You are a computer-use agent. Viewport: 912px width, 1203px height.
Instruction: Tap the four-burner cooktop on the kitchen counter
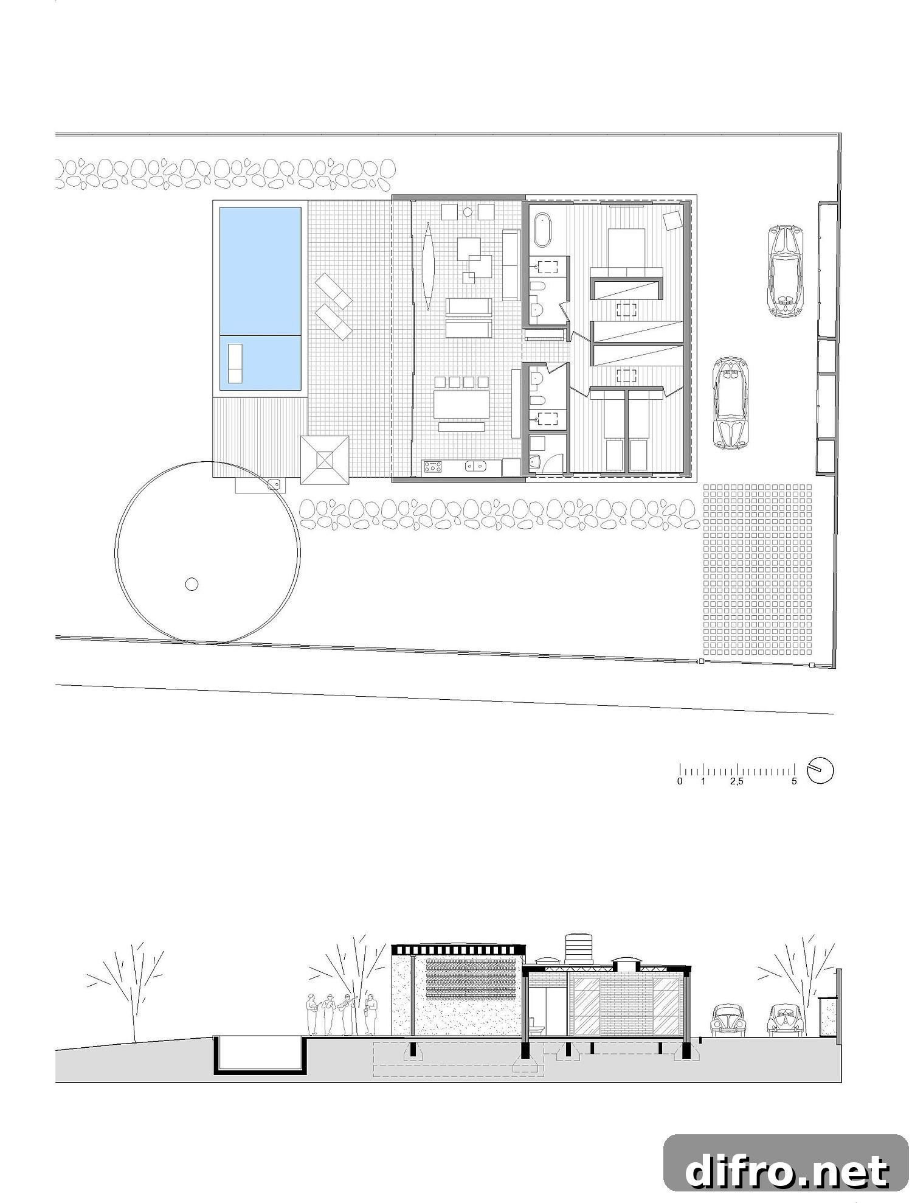pos(433,467)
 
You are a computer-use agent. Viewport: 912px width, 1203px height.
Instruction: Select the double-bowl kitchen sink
pos(475,467)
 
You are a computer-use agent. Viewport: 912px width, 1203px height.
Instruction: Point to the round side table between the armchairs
pos(468,212)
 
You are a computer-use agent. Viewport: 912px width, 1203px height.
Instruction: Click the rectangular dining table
pos(461,404)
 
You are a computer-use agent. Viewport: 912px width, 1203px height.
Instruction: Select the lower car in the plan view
pos(731,403)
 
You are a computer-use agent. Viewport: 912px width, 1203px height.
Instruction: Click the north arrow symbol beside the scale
pos(821,770)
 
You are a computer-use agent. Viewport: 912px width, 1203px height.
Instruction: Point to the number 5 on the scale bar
pos(794,781)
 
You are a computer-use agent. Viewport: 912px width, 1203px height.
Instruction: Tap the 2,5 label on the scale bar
pos(736,781)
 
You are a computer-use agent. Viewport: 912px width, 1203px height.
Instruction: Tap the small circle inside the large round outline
pos(192,585)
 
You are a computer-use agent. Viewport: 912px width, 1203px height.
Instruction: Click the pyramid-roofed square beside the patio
pos(325,459)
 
